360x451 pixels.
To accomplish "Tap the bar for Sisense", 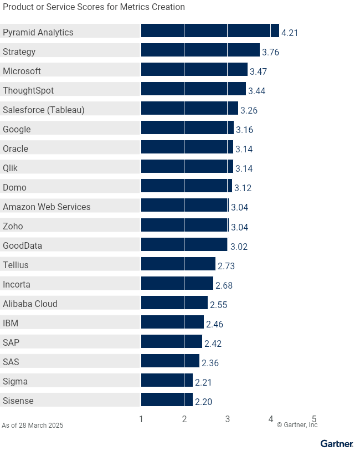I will pos(167,399).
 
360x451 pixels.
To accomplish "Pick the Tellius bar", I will pos(178,264).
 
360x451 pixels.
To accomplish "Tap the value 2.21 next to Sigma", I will pos(203,382).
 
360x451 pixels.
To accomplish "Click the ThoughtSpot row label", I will pos(28,90).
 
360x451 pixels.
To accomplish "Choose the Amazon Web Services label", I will pos(47,207).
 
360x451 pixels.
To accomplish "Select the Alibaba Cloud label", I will pos(30,304).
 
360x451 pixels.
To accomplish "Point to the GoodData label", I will pos(22,245).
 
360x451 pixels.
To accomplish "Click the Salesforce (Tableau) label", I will pos(44,110).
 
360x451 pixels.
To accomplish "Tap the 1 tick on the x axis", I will pos(141,419).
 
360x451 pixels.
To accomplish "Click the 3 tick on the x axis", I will pos(228,419).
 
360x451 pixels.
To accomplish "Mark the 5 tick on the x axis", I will pos(314,419).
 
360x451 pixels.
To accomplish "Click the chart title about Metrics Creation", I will pos(93,7).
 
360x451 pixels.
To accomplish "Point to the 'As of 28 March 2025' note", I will pos(32,426).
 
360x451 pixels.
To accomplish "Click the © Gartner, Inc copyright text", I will pos(297,425).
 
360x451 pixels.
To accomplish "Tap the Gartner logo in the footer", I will pos(337,443).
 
